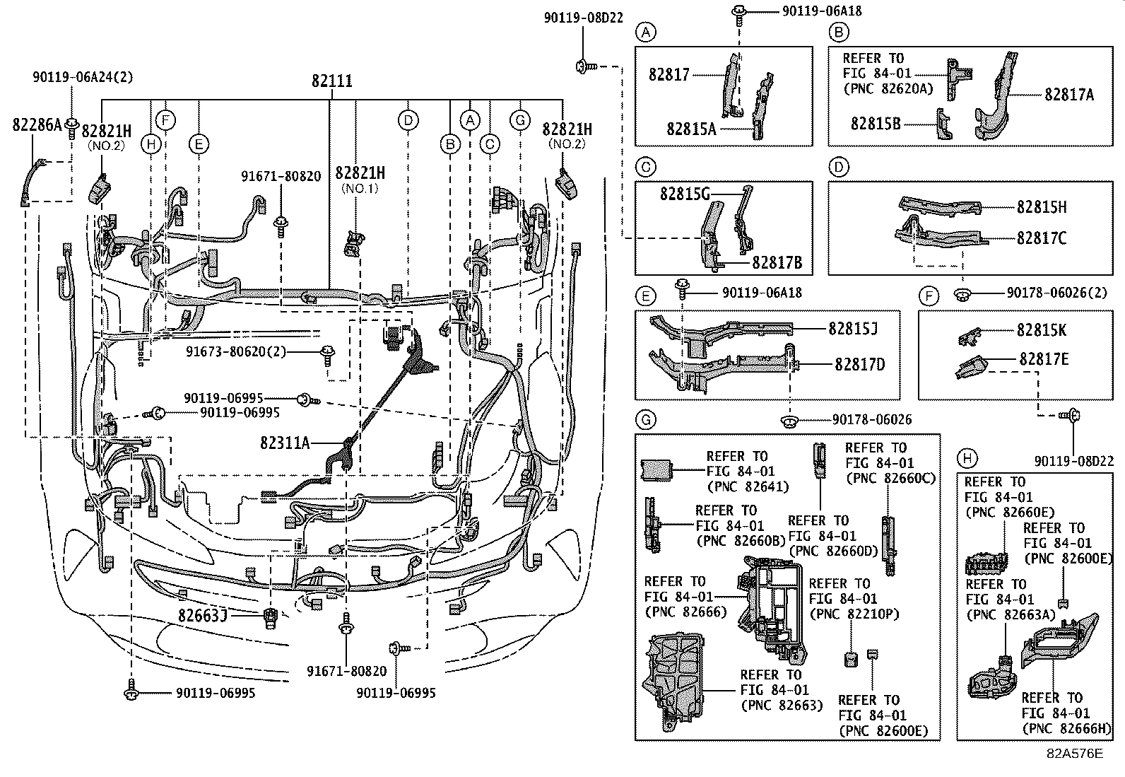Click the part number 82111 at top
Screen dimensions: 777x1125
point(331,81)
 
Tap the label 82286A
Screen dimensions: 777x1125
point(37,125)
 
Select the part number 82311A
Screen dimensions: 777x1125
point(285,443)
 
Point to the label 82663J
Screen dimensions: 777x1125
point(202,615)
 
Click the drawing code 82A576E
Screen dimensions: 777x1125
point(1074,753)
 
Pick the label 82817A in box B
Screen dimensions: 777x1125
point(1069,95)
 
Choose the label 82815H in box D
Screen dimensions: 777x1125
point(1042,206)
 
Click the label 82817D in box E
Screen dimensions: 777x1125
point(859,364)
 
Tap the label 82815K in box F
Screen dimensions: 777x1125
point(1042,330)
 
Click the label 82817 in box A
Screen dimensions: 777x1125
point(668,74)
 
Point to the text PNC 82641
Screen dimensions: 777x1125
point(747,486)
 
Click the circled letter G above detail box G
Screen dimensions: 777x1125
point(645,421)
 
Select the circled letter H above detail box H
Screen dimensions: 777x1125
point(966,458)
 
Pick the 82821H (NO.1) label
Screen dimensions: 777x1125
point(360,173)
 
